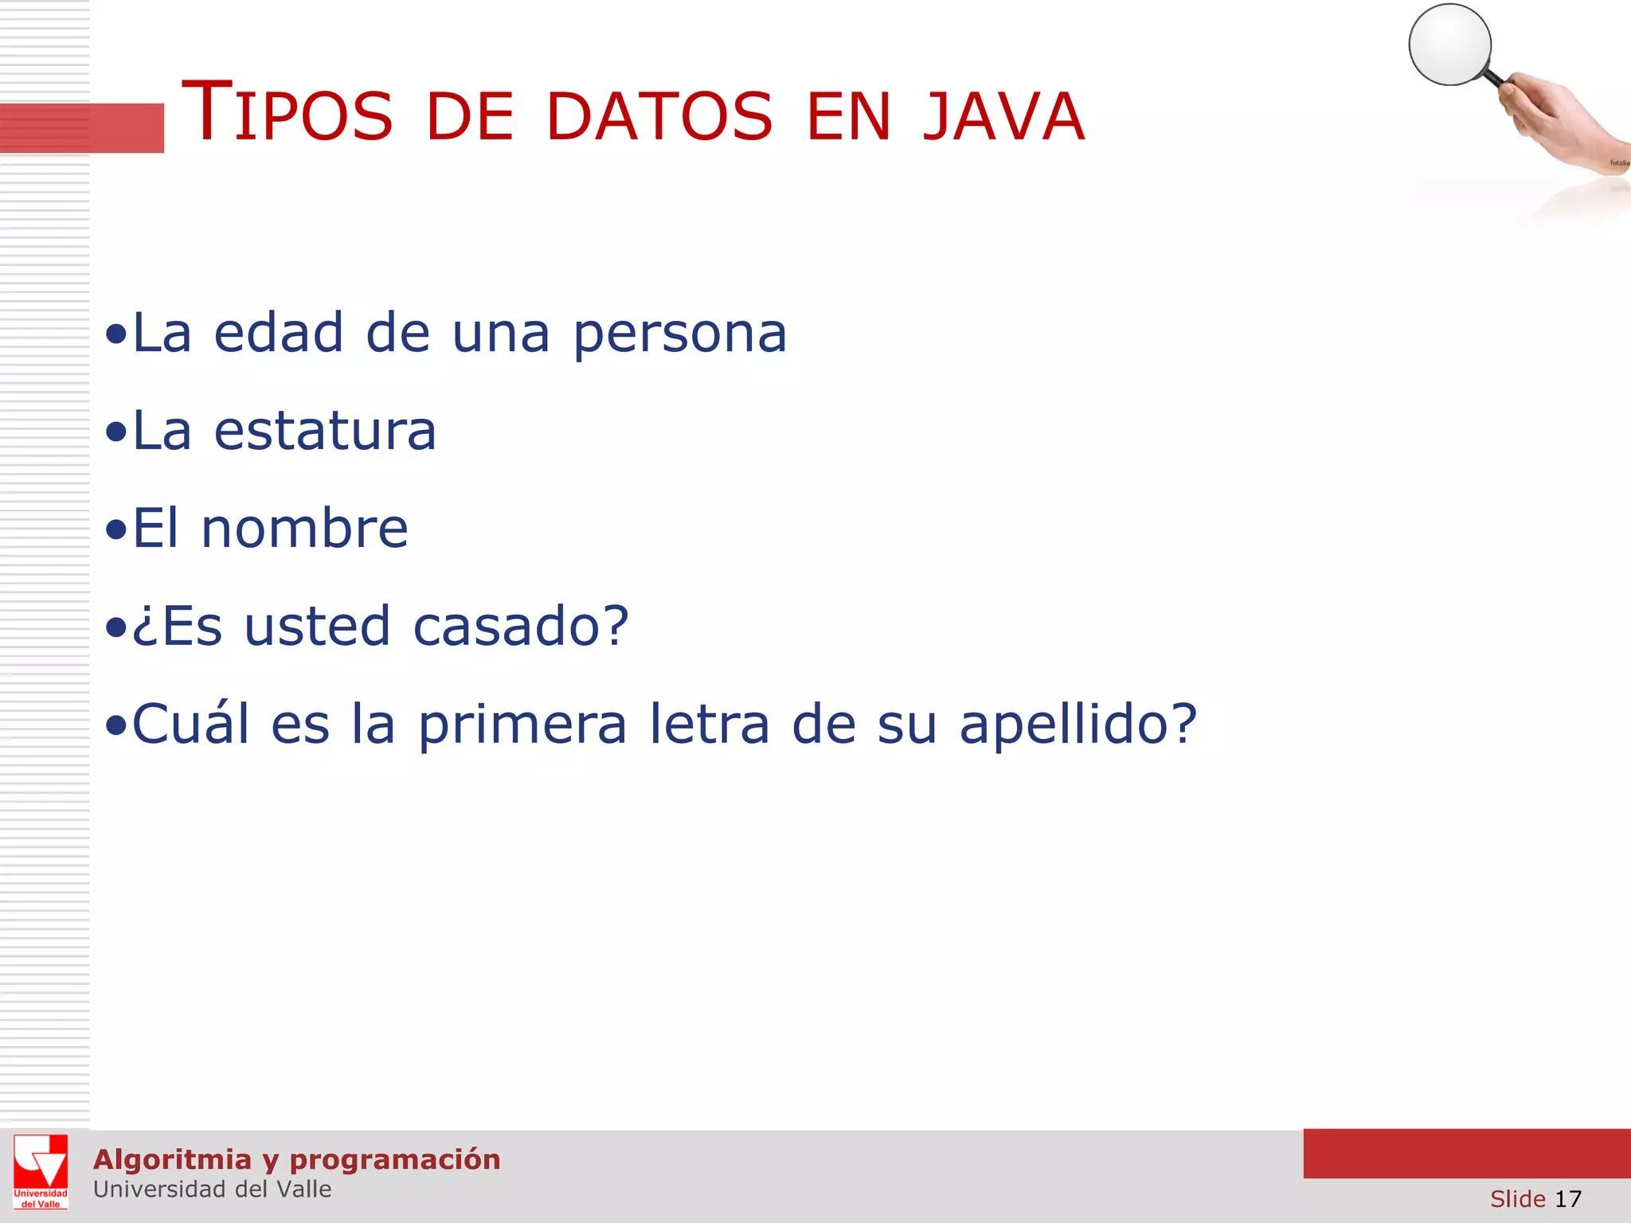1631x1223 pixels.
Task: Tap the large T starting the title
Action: tap(207, 111)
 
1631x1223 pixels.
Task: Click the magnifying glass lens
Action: tap(1449, 45)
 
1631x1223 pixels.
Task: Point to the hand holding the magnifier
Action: tap(1553, 119)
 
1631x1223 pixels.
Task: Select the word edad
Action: tap(279, 333)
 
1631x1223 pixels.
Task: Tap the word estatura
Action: tap(325, 431)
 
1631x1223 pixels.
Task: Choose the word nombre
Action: tap(305, 529)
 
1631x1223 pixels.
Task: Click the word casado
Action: tap(510, 627)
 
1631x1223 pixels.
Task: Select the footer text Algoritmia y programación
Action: tap(296, 1159)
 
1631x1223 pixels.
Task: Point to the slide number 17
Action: tap(1567, 1199)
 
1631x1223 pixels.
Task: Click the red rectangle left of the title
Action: tap(81, 127)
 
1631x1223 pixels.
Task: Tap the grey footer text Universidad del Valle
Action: tap(212, 1190)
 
